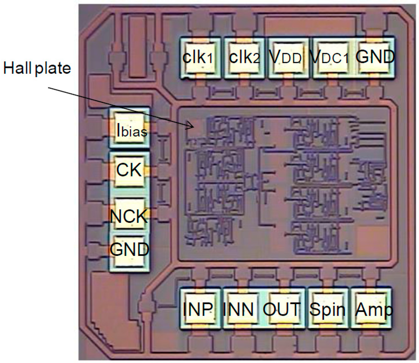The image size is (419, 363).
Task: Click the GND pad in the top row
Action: coord(375,57)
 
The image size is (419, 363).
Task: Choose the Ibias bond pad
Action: coord(129,129)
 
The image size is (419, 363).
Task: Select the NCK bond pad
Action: coord(129,214)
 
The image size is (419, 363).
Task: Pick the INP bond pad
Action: coord(200,309)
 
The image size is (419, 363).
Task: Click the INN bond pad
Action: coord(243,309)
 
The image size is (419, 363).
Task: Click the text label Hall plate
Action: coord(37,68)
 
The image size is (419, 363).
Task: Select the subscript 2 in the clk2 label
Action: coord(256,60)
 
